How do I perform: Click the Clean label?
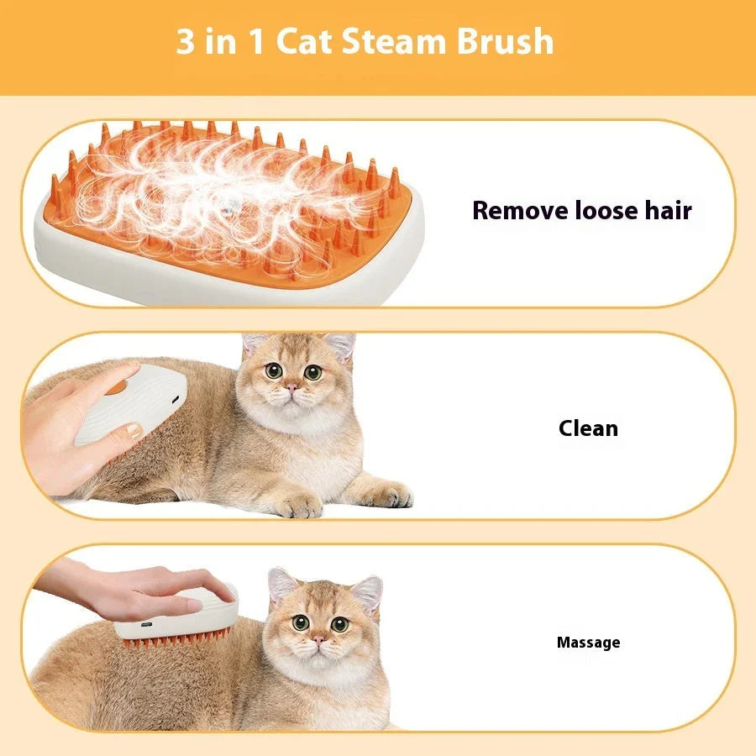[588, 428]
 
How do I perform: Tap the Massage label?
[588, 643]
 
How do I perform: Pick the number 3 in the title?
[185, 42]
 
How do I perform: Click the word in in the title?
[221, 42]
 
